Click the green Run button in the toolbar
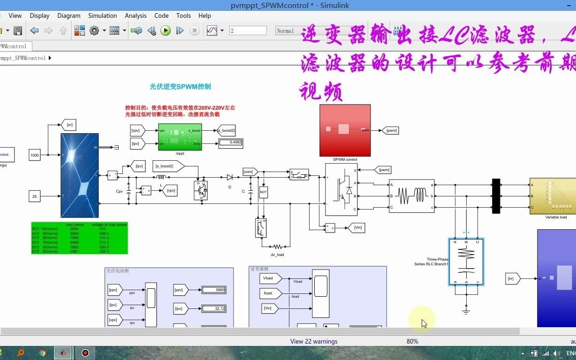tap(166, 31)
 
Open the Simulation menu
tap(102, 15)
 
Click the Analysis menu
tap(136, 15)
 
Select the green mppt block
tap(180, 137)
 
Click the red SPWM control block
tap(345, 130)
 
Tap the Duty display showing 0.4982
tap(230, 142)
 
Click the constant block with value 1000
tap(35, 155)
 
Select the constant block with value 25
tap(35, 196)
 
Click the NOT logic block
tap(263, 192)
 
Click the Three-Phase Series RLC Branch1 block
tap(466, 262)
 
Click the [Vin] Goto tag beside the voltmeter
tap(357, 228)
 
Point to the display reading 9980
tap(214, 290)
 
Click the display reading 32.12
tap(214, 308)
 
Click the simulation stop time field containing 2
tap(248, 31)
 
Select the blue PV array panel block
tap(80, 175)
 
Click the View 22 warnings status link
tap(314, 341)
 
